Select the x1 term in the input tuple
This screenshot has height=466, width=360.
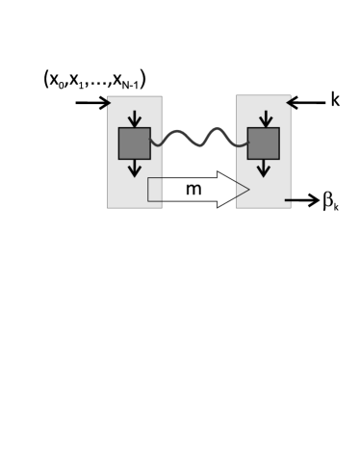79,81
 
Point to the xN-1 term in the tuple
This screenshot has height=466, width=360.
129,82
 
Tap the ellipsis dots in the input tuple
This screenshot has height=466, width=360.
101,86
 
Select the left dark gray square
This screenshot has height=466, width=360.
134,142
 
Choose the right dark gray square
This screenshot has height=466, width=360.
263,142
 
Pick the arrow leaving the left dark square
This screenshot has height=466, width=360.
134,169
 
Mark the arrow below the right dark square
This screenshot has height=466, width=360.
263,169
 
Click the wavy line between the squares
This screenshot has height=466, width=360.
198,142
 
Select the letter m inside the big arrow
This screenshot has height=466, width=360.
193,190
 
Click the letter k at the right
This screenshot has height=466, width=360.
335,98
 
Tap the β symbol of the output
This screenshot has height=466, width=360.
328,202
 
